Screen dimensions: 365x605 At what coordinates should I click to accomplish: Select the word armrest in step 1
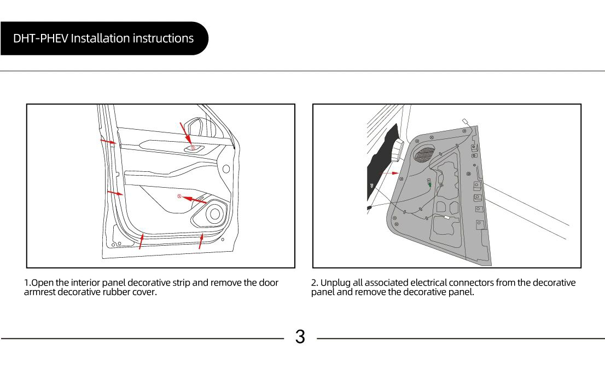40,292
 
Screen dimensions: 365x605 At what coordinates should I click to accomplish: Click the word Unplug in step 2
335,283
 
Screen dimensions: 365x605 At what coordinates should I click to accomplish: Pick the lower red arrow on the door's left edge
115,193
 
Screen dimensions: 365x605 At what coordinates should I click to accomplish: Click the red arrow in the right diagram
389,173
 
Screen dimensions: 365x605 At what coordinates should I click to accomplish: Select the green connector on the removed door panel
430,184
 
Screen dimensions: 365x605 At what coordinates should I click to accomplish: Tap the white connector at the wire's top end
465,122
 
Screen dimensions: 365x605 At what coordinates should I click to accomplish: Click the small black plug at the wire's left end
370,208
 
